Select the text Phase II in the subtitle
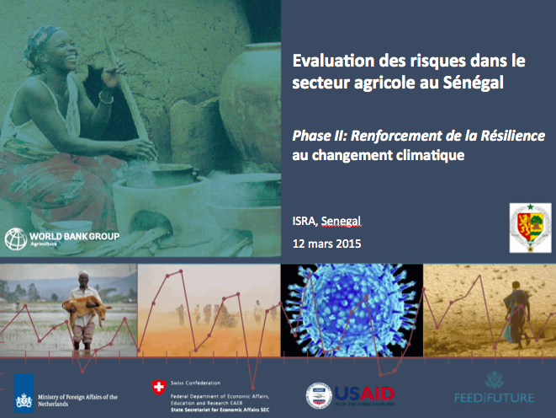(x=318, y=135)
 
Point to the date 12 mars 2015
(x=326, y=244)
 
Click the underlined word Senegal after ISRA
(x=341, y=221)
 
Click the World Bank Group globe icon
(x=14, y=238)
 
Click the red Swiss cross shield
(x=157, y=388)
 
